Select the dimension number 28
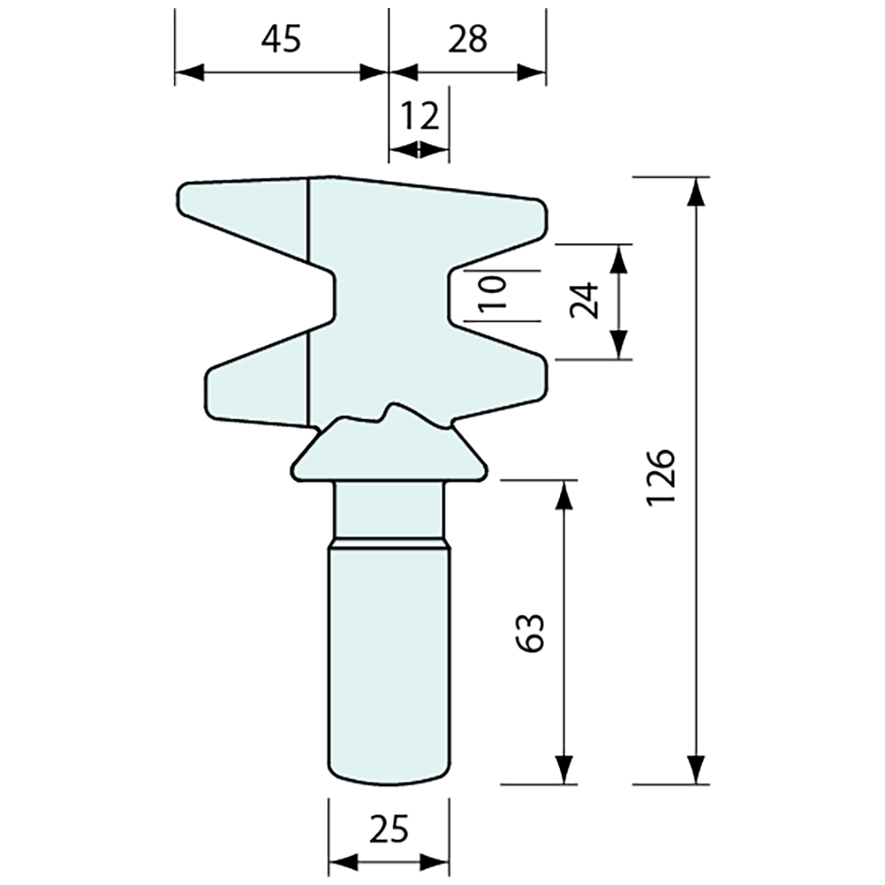click(x=467, y=39)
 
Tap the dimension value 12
click(x=419, y=117)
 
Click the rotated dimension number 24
click(x=586, y=300)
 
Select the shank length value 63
click(x=532, y=632)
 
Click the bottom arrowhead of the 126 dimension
click(x=697, y=769)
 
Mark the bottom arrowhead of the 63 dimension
click(x=564, y=769)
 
